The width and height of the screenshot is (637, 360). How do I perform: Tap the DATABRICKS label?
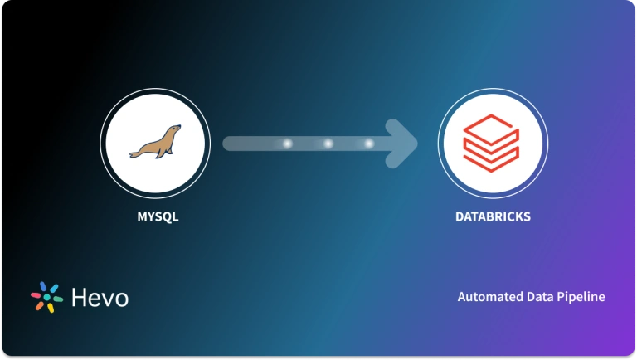[x=493, y=217]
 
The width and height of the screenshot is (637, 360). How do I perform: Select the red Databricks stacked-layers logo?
[x=493, y=142]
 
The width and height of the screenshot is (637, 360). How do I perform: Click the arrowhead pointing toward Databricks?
[x=404, y=144]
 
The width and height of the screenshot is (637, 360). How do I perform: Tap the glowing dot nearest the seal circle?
[x=288, y=144]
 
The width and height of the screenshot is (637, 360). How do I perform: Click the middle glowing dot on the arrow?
[x=328, y=144]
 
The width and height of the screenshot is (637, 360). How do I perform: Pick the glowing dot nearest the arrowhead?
[x=368, y=144]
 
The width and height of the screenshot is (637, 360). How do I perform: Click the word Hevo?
[x=99, y=297]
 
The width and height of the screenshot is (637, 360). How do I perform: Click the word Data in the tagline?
[x=539, y=297]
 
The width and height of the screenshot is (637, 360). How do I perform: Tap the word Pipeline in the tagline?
[x=581, y=297]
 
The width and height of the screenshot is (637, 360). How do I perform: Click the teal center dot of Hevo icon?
[x=46, y=297]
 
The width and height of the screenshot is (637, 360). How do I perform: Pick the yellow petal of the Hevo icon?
[x=51, y=308]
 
